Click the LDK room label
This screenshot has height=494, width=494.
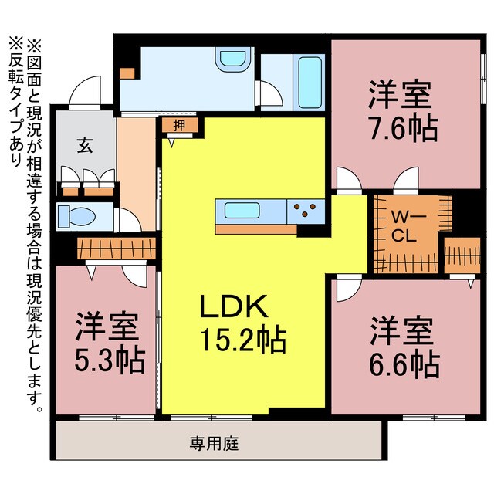(x=234, y=308)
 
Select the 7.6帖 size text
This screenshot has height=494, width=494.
(x=402, y=128)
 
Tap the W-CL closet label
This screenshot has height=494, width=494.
(x=404, y=228)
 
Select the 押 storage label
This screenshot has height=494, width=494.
(x=179, y=126)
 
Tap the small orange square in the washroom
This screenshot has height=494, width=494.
(x=127, y=73)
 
